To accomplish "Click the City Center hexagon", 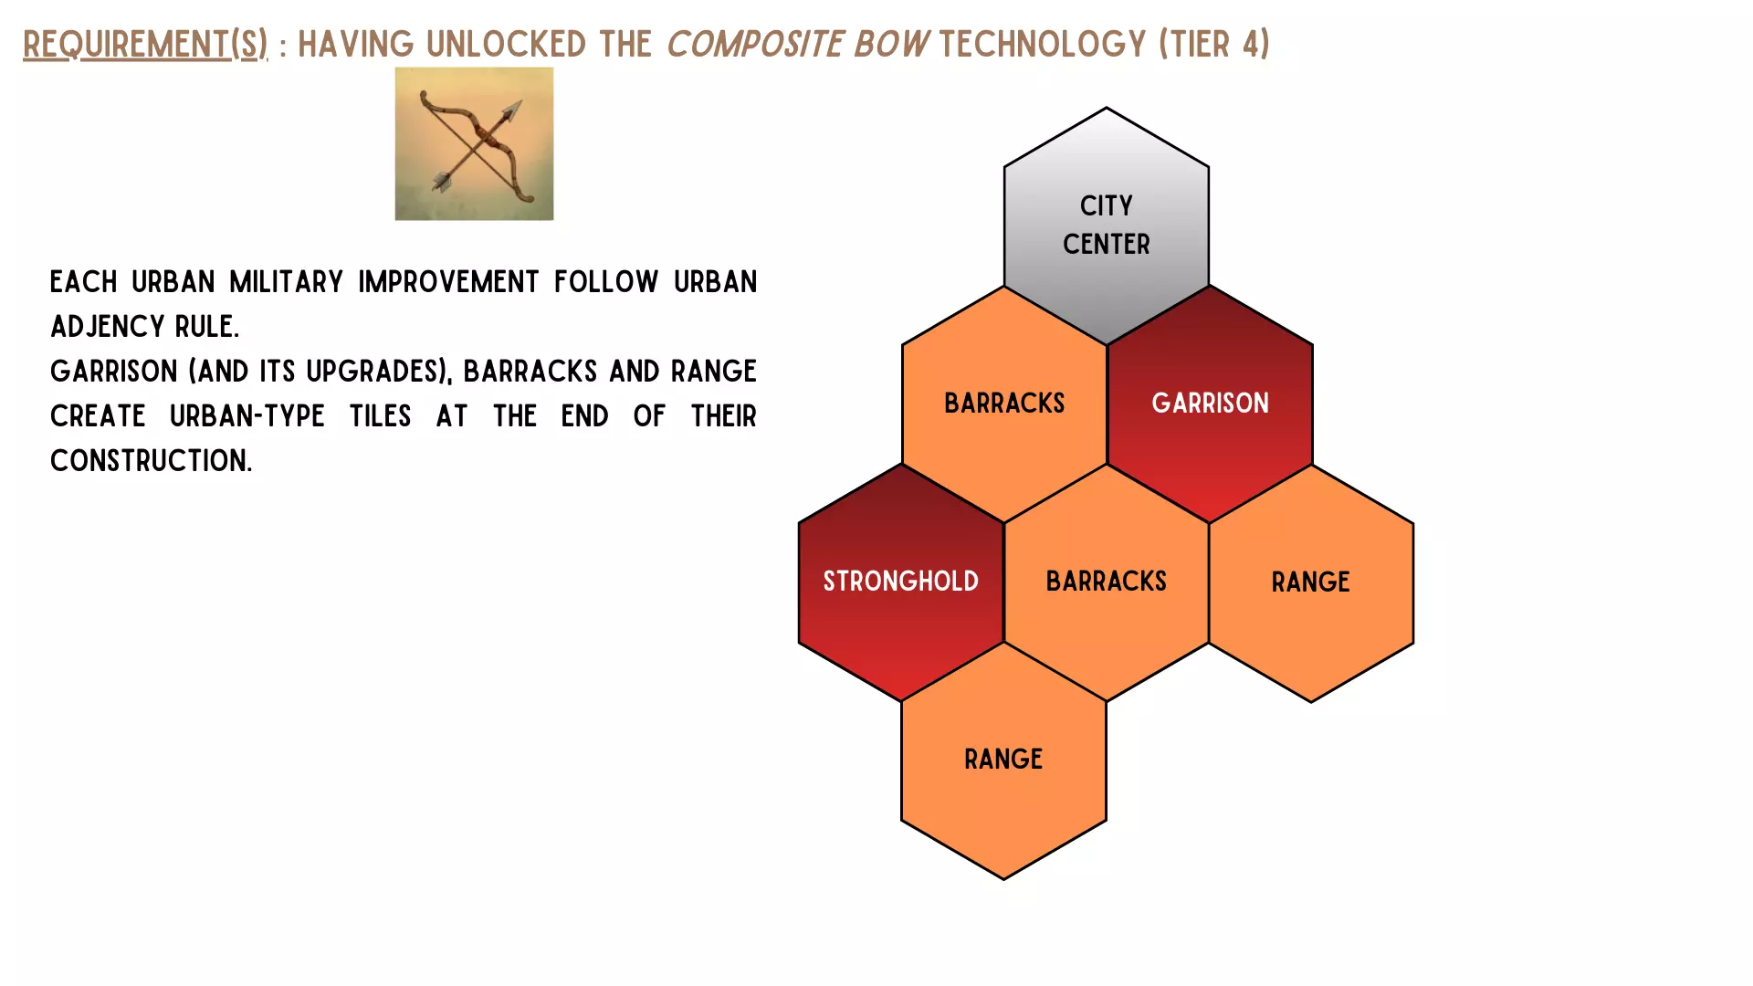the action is (x=1107, y=226).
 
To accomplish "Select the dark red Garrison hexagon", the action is (x=1210, y=404).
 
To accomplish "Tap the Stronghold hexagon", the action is (x=901, y=582).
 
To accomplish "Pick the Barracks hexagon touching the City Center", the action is (x=1004, y=404).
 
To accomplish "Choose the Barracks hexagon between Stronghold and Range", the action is (x=1107, y=582).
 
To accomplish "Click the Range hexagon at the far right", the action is (x=1311, y=582).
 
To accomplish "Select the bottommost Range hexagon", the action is (x=1003, y=760).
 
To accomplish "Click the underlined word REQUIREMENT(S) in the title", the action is (x=145, y=44).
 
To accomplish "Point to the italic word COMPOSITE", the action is (x=755, y=44).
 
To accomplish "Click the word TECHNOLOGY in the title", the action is (x=1042, y=44).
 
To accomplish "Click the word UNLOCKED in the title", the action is (x=506, y=44).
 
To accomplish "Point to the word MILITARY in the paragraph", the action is (x=286, y=282).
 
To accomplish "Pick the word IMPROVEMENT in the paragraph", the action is (x=448, y=282).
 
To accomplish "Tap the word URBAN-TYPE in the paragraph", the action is (x=247, y=416).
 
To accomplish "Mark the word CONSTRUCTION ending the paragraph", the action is (x=151, y=461).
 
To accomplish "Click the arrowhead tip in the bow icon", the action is (x=520, y=103).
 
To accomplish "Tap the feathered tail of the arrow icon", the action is (x=443, y=181).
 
